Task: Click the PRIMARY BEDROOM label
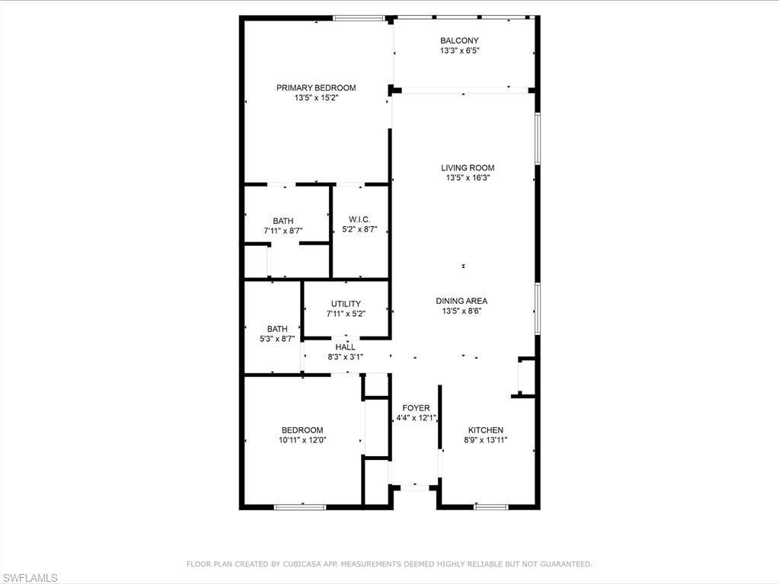point(316,88)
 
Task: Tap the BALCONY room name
point(459,40)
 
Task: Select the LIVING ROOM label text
point(468,168)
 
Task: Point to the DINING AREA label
point(461,301)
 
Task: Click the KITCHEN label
point(485,430)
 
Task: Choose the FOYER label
point(416,408)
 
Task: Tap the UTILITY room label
point(346,304)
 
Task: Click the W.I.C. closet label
point(359,219)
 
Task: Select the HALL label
point(345,347)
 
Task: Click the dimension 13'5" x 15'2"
point(316,97)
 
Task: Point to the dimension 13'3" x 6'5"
point(459,50)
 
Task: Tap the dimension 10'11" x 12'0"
point(302,440)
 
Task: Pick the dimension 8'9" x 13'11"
point(485,440)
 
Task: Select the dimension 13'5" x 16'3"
point(468,177)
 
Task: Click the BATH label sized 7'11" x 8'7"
point(283,221)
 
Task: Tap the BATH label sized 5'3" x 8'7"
point(277,329)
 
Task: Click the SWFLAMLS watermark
point(29,578)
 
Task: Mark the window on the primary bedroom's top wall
point(359,18)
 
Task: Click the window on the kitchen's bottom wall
point(491,507)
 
